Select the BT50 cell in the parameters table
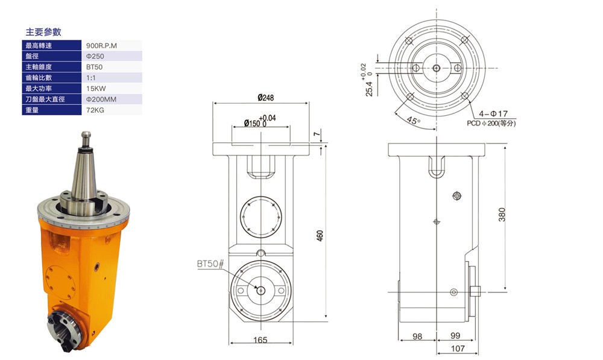[x=94, y=67]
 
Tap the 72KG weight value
[x=95, y=110]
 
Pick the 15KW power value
[x=95, y=89]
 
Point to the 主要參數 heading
[x=43, y=31]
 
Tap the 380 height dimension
[x=502, y=214]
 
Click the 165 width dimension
[x=260, y=340]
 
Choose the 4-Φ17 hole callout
[x=494, y=113]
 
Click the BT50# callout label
[x=210, y=264]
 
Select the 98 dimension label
[x=417, y=336]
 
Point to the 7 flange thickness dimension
[x=317, y=134]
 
